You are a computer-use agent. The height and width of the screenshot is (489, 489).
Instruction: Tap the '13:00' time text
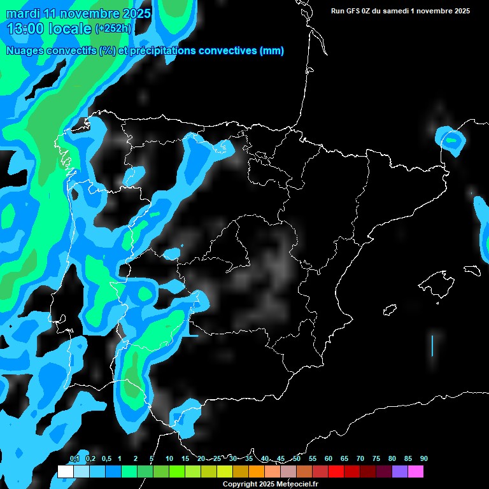(25, 29)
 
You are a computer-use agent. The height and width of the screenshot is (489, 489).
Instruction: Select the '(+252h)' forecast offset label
(113, 29)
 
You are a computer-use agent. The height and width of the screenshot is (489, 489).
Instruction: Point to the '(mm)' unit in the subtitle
(272, 51)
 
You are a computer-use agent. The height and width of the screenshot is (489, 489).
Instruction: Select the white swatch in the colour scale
(65, 472)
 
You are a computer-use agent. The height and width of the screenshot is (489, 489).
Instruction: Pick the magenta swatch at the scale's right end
(416, 472)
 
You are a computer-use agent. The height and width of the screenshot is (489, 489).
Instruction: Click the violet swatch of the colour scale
(400, 472)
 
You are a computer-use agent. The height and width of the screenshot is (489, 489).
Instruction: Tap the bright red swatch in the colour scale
(336, 472)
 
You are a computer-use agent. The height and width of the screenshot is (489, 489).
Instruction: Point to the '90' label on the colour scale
(423, 458)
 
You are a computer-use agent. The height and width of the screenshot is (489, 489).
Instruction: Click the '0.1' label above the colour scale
(74, 458)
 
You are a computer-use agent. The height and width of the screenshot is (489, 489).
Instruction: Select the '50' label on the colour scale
(297, 458)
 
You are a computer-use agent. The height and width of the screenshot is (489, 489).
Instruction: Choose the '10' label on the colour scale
(169, 458)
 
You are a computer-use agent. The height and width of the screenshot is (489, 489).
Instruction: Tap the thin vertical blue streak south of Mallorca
(432, 345)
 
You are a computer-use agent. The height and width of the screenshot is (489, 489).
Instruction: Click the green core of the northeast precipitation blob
(452, 139)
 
